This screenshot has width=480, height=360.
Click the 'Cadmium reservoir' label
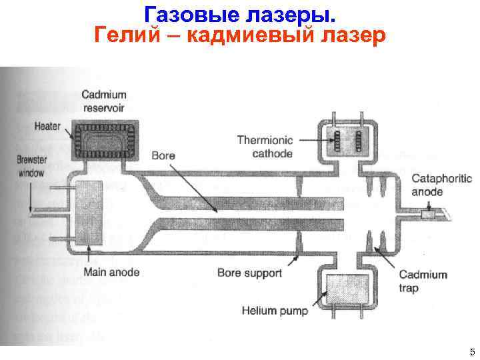tap(104, 102)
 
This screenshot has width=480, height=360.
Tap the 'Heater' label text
tap(47, 127)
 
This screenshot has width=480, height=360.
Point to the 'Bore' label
tap(163, 156)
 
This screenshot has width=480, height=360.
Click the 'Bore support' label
tap(249, 273)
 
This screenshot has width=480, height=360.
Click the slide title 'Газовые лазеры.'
tap(239, 13)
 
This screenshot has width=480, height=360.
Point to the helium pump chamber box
tap(347, 291)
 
